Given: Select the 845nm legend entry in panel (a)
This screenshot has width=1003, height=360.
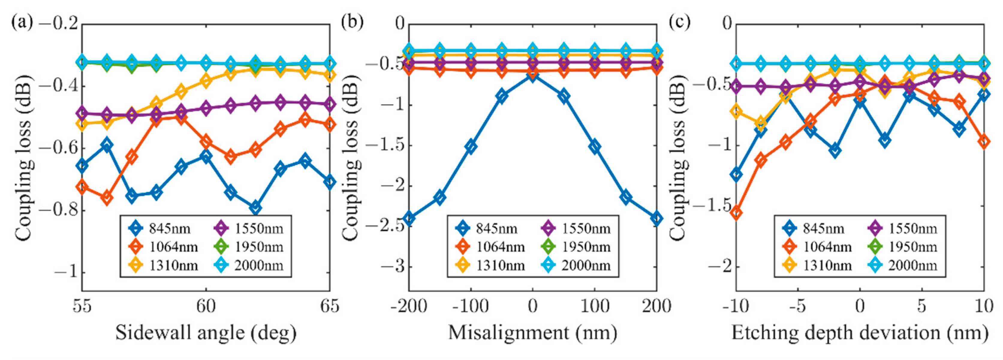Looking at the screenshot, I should point(160,229).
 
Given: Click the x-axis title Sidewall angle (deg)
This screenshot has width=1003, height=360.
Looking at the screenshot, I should point(206,333).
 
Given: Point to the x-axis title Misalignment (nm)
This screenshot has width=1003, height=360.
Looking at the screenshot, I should point(532,333).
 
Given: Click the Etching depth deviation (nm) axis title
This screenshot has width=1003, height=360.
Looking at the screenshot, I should point(859,333).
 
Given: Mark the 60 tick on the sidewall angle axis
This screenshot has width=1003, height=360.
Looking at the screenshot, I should point(206,306).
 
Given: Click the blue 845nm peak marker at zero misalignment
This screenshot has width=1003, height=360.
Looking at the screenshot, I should point(532,75).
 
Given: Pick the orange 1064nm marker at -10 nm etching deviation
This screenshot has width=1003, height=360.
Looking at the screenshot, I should point(736,213).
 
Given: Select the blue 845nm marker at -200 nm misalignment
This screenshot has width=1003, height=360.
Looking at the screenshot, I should point(409,218).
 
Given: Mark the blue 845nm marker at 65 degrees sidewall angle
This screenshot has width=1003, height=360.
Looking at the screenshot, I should point(330,182).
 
